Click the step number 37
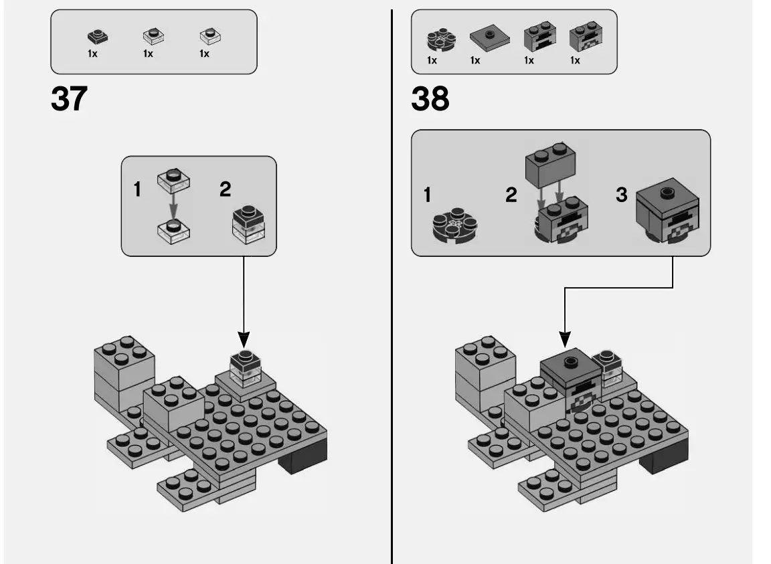point(69,100)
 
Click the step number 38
point(430,100)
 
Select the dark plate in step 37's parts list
point(97,37)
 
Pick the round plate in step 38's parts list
point(438,40)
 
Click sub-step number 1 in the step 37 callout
point(137,190)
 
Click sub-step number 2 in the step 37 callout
point(226,190)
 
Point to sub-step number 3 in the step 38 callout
point(622,195)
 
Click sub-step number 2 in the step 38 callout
point(511,195)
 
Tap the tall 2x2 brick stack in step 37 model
point(124,369)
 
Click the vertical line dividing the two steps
point(392,335)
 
